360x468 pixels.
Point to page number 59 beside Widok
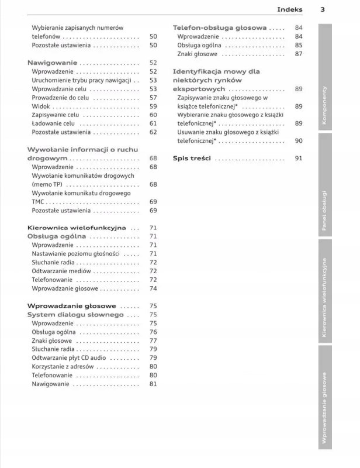tap(153, 106)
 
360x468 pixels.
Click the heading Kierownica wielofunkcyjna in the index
tap(77, 228)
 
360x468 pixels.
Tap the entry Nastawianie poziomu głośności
tap(76, 254)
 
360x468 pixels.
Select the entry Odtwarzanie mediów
tap(61, 271)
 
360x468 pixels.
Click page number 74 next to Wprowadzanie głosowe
tap(153, 289)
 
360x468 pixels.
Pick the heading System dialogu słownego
tap(75, 315)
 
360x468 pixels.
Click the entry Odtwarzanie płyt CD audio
tap(69, 358)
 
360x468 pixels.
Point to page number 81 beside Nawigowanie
tap(153, 384)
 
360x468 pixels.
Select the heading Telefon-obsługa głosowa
tap(220, 27)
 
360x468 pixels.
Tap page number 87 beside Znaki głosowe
tap(299, 54)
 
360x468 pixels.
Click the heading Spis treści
tap(192, 159)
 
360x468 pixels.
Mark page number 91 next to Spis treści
tap(299, 159)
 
